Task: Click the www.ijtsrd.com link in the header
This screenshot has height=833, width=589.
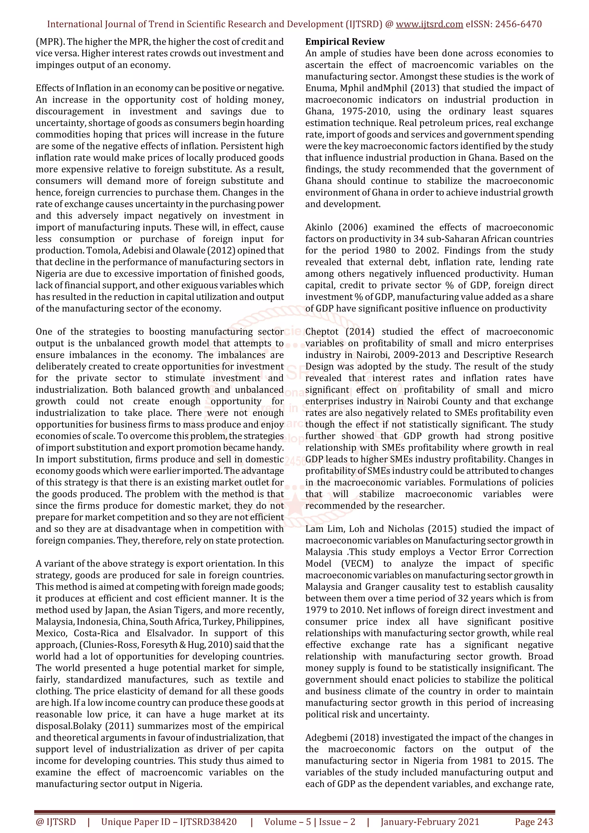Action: tap(429, 24)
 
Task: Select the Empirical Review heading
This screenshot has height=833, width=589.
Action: tap(345, 42)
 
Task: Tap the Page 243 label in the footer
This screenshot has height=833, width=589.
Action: tap(533, 822)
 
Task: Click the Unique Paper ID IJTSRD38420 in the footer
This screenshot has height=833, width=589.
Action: tap(169, 822)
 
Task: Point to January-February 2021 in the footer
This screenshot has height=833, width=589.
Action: tap(430, 822)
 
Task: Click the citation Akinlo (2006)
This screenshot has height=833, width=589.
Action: tap(336, 227)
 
